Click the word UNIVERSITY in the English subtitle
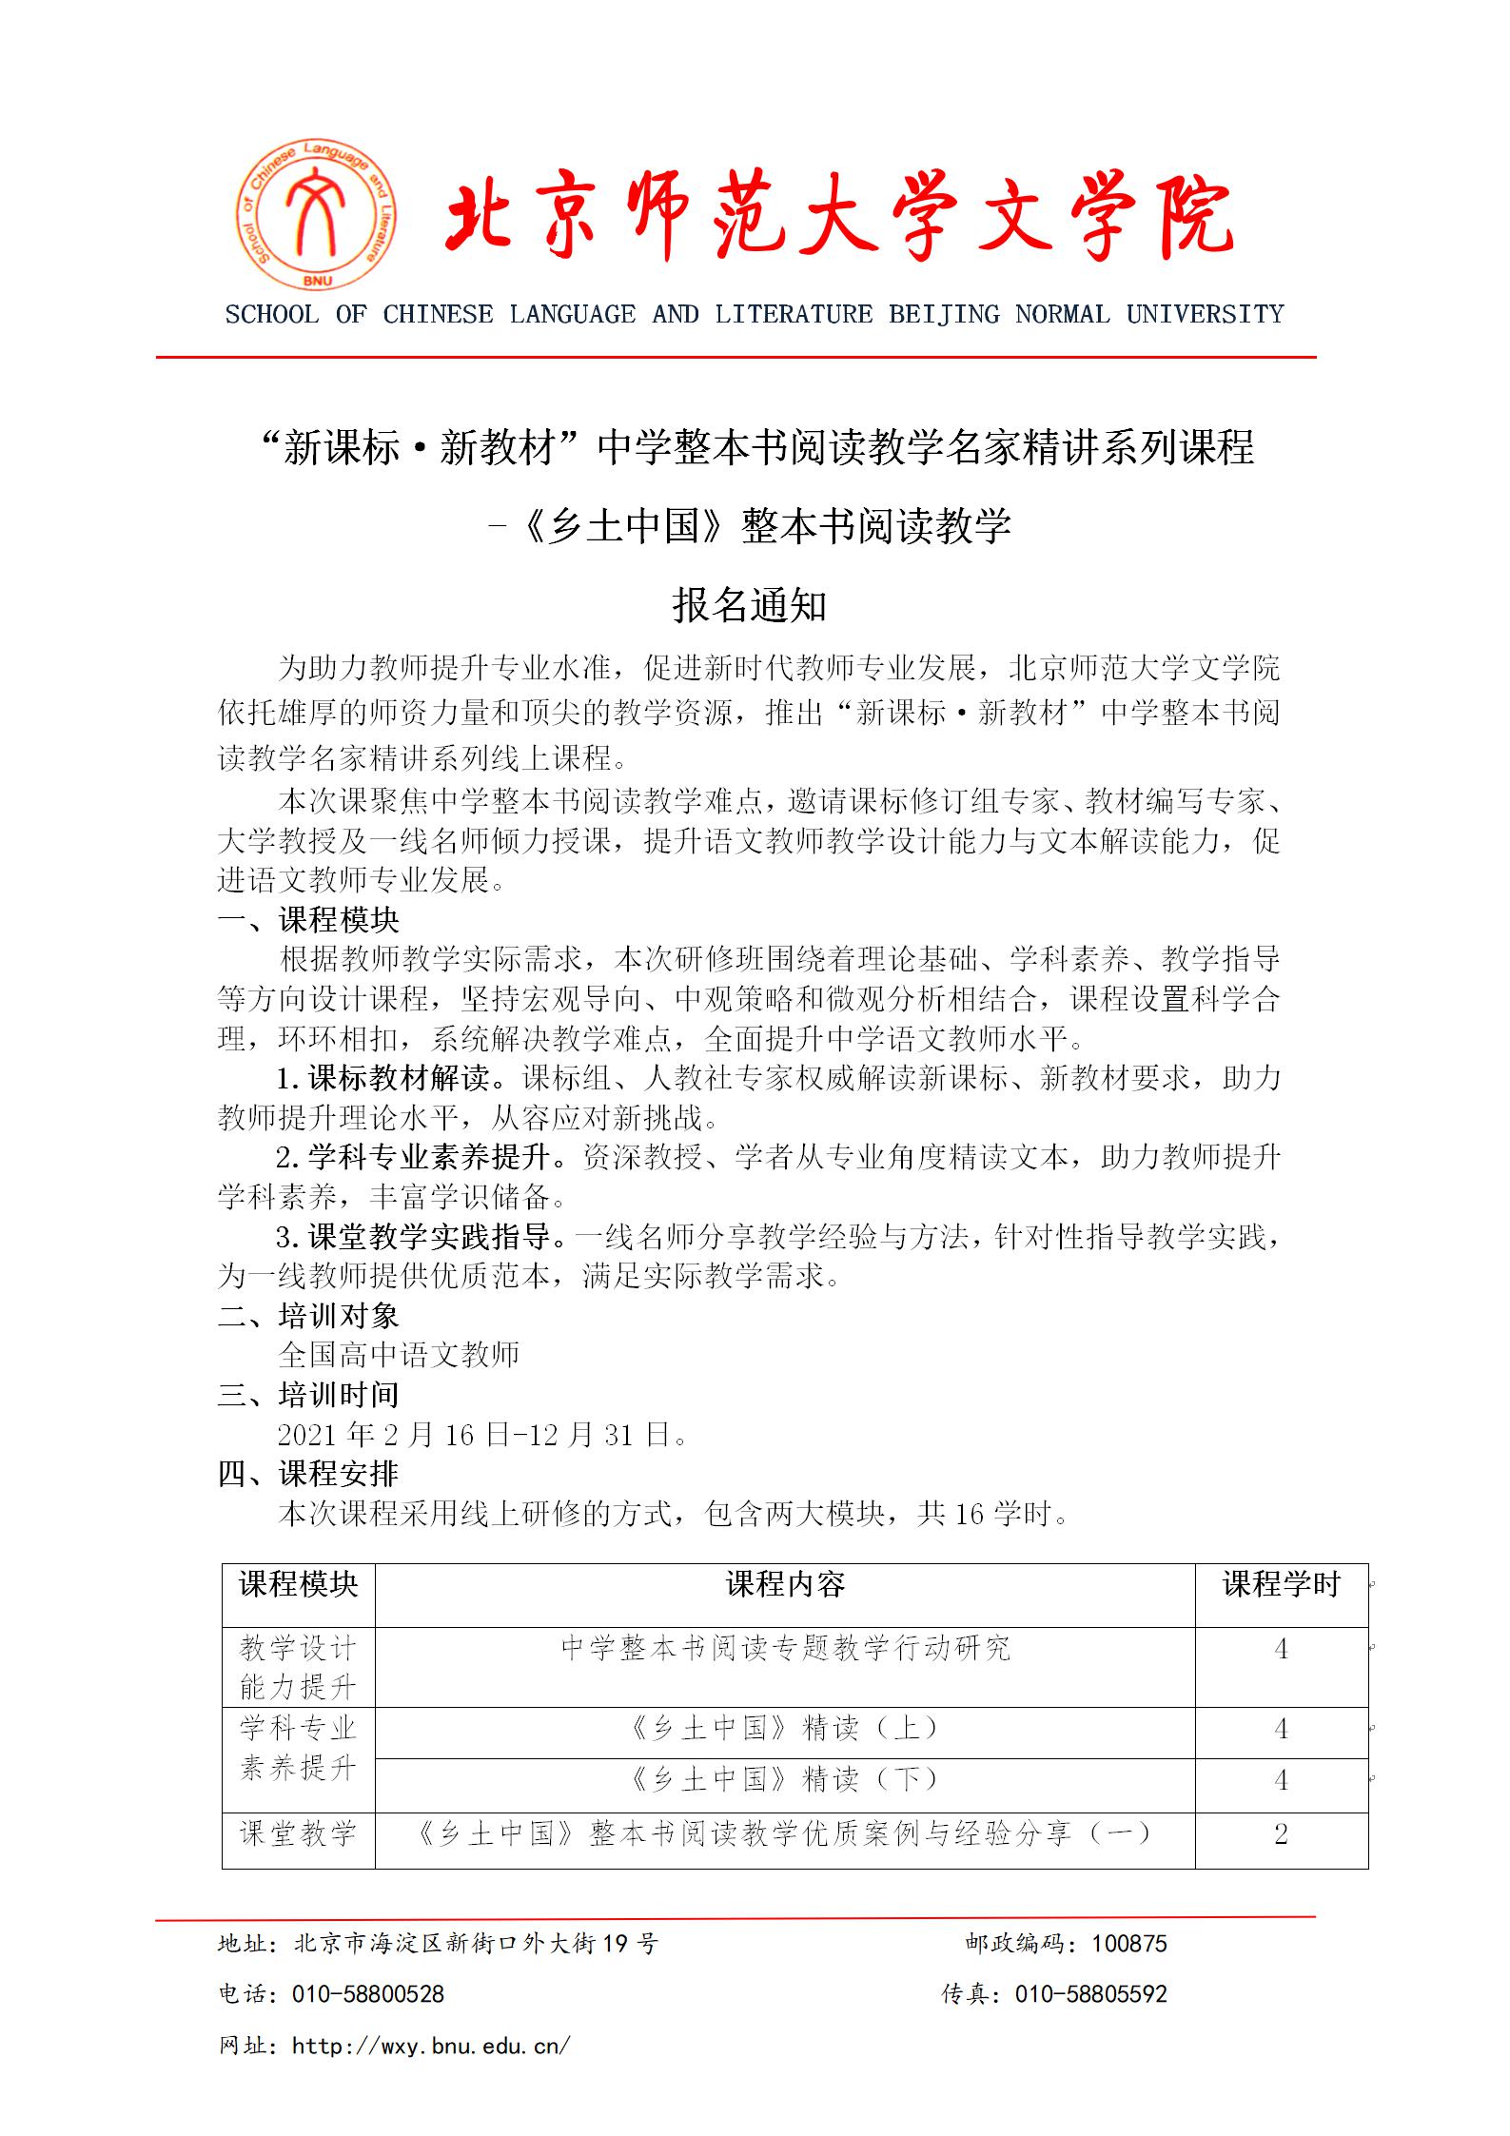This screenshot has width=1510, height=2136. click(x=1205, y=315)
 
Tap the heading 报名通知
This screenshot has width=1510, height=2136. click(x=750, y=605)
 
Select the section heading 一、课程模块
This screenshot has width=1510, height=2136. click(x=308, y=920)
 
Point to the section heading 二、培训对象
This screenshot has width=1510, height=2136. click(x=308, y=1316)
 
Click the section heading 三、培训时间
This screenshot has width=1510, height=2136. click(x=308, y=1395)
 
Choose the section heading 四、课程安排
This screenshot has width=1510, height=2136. click(x=308, y=1474)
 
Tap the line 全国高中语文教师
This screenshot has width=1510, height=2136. click(x=399, y=1355)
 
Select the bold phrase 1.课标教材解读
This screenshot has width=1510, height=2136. click(x=383, y=1078)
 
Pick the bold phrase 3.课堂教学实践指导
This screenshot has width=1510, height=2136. click(x=414, y=1237)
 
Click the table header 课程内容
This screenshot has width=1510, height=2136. click(x=785, y=1584)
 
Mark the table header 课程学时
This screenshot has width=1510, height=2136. click(x=1281, y=1584)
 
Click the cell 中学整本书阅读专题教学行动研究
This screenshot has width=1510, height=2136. click(x=785, y=1648)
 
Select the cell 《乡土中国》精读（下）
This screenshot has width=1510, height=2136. click(x=785, y=1779)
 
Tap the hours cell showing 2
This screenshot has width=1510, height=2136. click(x=1281, y=1833)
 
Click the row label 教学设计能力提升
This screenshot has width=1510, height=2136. click(x=298, y=1667)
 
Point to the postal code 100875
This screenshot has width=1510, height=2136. click(x=1128, y=1944)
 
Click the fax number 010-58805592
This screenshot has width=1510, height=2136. click(x=1090, y=1994)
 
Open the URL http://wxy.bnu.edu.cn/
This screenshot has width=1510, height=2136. click(x=431, y=2045)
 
